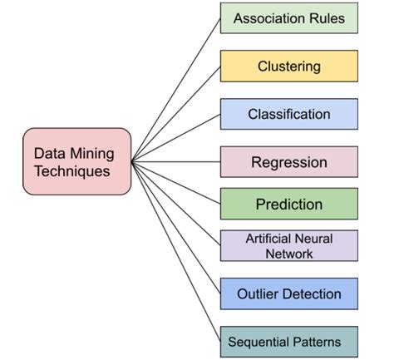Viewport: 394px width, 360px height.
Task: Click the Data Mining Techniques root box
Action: [76, 162]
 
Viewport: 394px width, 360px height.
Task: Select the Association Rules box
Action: [288, 18]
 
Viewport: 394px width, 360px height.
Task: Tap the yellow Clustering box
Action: [288, 66]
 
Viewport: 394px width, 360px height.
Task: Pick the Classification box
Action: [288, 114]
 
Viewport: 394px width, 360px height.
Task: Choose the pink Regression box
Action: [288, 161]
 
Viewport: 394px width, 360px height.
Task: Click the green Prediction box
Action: [288, 204]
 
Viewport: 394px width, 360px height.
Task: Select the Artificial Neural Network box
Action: [288, 246]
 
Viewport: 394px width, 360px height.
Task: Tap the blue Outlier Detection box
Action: [288, 293]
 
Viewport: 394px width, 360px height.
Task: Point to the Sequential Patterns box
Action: [288, 342]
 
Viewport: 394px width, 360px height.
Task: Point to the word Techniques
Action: [76, 171]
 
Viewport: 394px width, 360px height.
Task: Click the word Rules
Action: [326, 18]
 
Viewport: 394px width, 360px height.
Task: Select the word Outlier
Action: [258, 293]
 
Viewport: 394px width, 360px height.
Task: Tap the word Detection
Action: [312, 293]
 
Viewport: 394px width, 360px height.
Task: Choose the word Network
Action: [289, 254]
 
